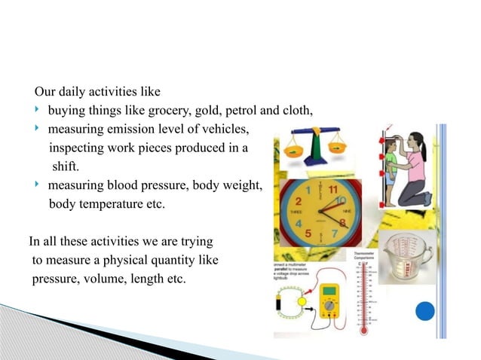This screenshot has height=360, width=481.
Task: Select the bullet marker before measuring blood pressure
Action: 36,185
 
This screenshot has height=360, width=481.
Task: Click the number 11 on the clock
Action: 331,188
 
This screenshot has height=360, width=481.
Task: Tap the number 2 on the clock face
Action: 299,202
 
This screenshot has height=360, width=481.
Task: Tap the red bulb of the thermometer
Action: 363,329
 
